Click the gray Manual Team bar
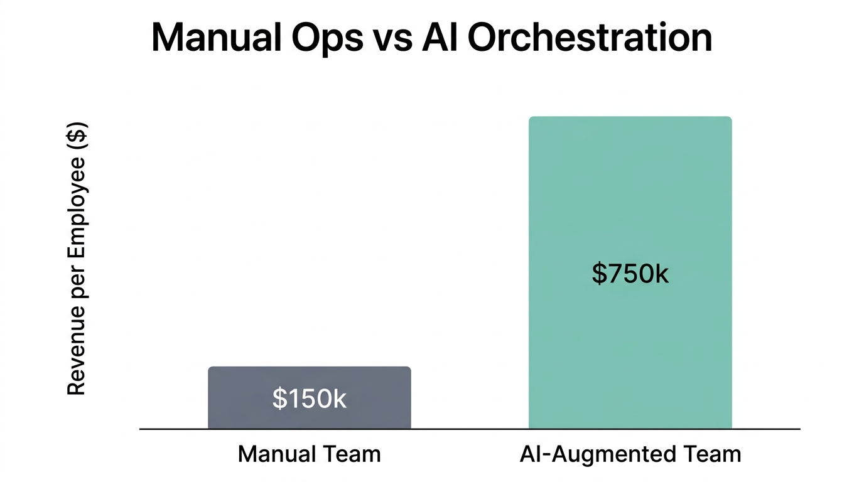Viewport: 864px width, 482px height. (x=309, y=397)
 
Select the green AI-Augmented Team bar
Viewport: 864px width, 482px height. (x=630, y=272)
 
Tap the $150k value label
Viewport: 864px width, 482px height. (x=309, y=399)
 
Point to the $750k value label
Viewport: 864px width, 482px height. (x=630, y=274)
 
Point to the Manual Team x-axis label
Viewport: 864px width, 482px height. (x=309, y=454)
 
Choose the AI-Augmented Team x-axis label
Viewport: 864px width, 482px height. (x=630, y=454)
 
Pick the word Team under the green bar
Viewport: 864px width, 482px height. (x=711, y=454)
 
